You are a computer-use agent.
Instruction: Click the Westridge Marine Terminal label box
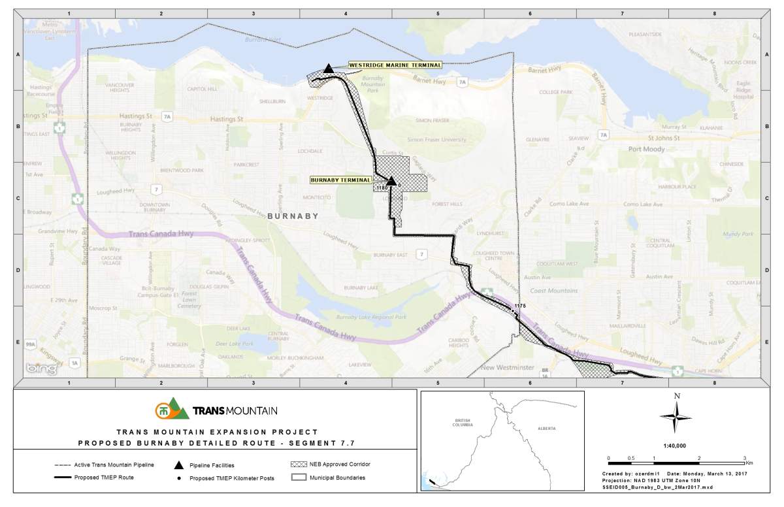coord(394,65)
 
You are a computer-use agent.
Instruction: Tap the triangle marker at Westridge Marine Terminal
coord(329,68)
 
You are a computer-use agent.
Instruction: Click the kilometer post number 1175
coord(520,306)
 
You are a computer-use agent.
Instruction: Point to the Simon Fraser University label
coord(436,140)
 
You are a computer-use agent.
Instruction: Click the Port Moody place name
coord(647,149)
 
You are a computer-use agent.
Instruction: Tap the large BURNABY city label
coord(293,216)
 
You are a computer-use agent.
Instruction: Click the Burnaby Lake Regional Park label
coord(380,317)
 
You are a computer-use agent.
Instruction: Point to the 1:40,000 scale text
coord(676,446)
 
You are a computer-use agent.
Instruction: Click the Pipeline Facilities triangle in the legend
coord(178,465)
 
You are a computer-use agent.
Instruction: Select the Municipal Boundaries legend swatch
coord(299,478)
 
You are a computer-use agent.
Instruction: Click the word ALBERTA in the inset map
coord(547,428)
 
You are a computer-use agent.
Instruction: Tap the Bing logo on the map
coord(39,368)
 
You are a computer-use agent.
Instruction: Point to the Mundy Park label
coord(738,234)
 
